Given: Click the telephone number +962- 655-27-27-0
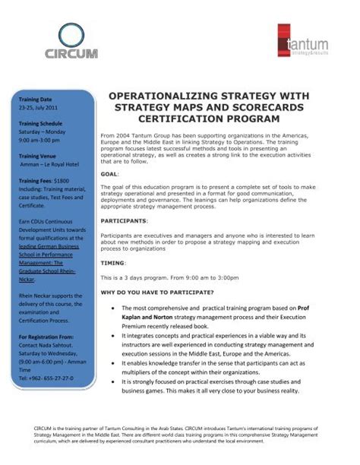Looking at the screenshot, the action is click(x=46, y=378).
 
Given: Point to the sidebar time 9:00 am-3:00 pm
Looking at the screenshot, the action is click(x=43, y=139).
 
